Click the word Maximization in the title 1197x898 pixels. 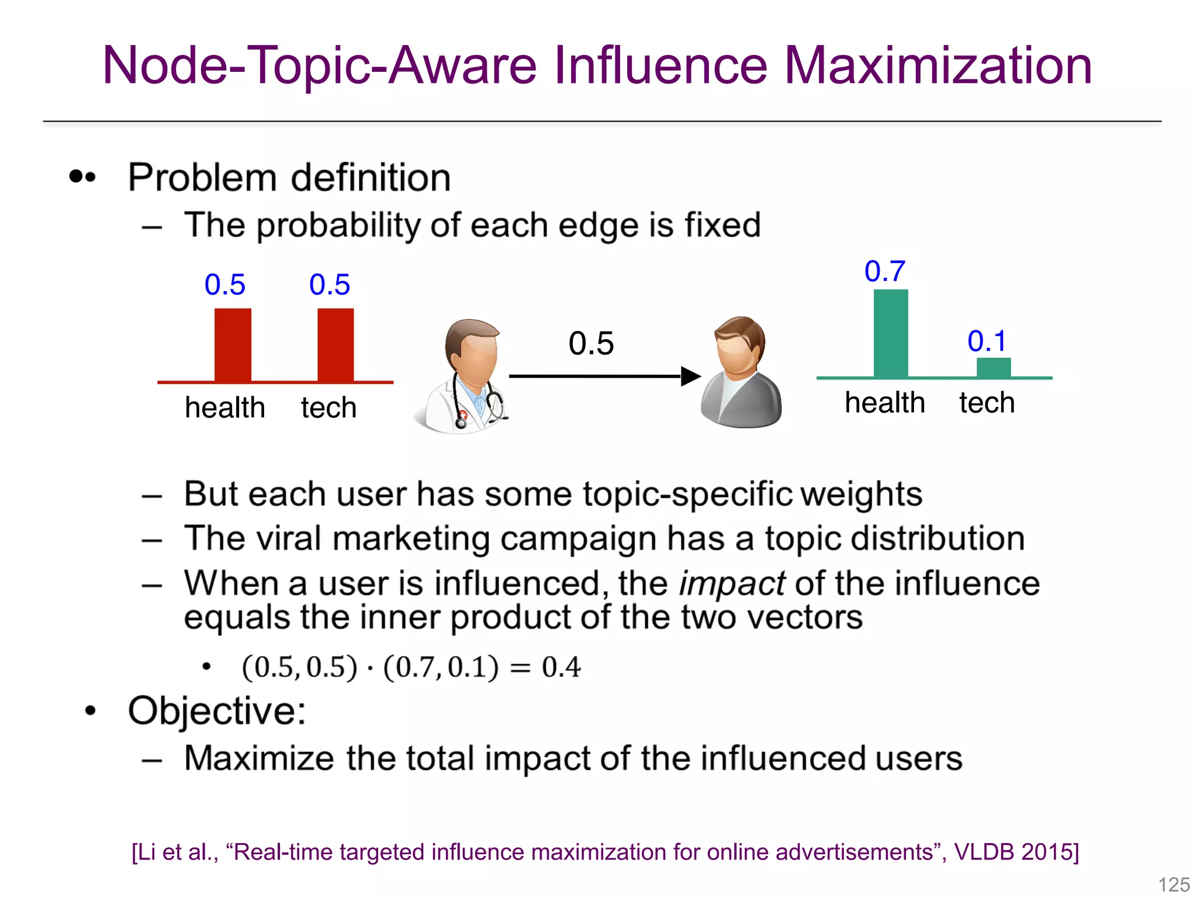point(937,65)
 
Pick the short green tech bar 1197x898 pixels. point(994,368)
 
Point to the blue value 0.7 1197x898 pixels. point(885,271)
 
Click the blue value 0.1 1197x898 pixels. point(987,341)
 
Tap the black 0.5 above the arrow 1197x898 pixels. point(591,343)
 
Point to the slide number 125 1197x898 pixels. point(1174,884)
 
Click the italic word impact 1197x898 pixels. point(732,583)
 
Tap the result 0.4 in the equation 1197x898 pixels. point(561,667)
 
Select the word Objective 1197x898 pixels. point(216,711)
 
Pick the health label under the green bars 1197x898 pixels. point(885,403)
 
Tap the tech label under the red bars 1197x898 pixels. point(328,407)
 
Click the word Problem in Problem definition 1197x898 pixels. point(202,178)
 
